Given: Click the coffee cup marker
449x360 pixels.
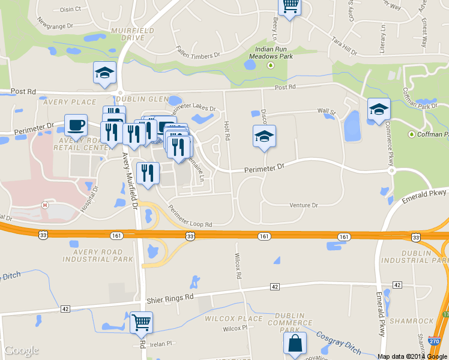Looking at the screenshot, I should tap(76, 125).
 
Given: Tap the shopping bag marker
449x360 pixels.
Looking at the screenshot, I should tap(295, 344).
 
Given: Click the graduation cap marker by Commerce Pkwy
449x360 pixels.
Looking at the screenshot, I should tap(379, 110).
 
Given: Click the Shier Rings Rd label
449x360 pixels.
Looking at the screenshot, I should tap(171, 297).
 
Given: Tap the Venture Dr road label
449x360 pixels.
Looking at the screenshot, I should tap(304, 205).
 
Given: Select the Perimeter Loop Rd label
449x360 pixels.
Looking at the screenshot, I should tap(190, 216).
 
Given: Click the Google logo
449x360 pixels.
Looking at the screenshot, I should tap(22, 350).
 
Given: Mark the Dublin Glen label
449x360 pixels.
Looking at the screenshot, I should tap(142, 99).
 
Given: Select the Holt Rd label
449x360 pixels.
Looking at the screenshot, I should tap(226, 133).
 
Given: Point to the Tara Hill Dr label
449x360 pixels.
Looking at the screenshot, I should tap(345, 46).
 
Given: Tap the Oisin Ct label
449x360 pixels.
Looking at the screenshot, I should tap(71, 10).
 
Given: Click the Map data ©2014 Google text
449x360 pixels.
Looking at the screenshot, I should tap(412, 356).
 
